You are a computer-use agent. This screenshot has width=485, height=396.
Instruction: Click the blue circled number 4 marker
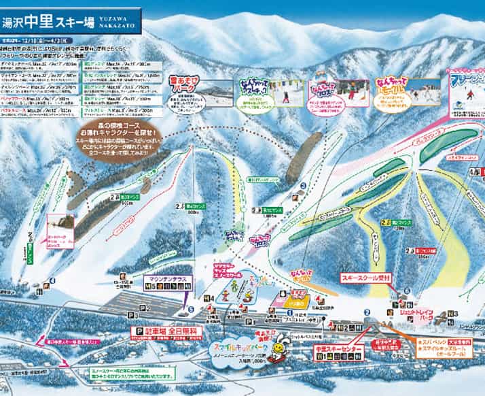pyautogui.click(x=53, y=280)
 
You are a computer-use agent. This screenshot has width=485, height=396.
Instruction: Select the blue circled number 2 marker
pyautogui.click(x=367, y=314)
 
